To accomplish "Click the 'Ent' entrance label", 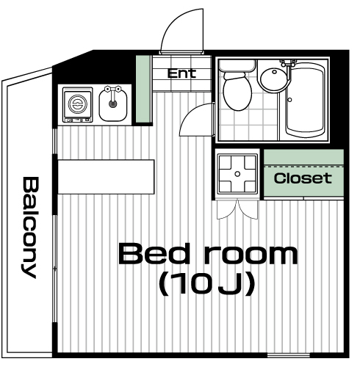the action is (x=181, y=73).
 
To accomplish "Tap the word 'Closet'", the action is (x=303, y=178).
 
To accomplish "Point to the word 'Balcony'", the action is (x=30, y=228).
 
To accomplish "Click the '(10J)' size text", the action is (x=207, y=284).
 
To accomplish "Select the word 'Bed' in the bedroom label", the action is (x=154, y=253).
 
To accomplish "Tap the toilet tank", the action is (x=237, y=65).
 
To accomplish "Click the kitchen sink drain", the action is (x=112, y=104).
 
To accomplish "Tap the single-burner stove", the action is (x=78, y=105).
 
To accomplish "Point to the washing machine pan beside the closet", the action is (x=237, y=174).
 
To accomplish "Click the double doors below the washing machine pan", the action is (x=237, y=209).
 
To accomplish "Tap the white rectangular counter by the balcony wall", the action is (x=106, y=177).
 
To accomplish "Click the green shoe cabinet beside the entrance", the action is (x=143, y=89).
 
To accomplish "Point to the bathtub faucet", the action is (x=289, y=64).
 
